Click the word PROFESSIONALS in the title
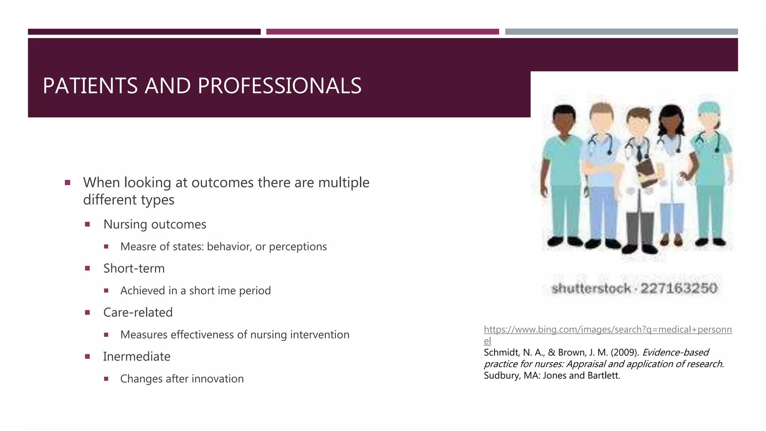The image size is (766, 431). click(279, 86)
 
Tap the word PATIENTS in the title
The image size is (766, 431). click(90, 86)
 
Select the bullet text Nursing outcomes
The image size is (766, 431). click(154, 224)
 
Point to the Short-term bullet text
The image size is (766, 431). click(134, 269)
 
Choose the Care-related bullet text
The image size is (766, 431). click(138, 312)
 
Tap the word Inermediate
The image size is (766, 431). click(137, 357)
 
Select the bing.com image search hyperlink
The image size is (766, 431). click(607, 330)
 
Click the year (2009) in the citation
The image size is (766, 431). click(624, 352)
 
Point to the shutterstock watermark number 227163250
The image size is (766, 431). click(678, 288)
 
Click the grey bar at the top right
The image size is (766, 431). click(621, 32)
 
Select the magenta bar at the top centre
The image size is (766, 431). click(382, 32)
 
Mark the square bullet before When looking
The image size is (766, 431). click(68, 183)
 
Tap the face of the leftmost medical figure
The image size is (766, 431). click(564, 122)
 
